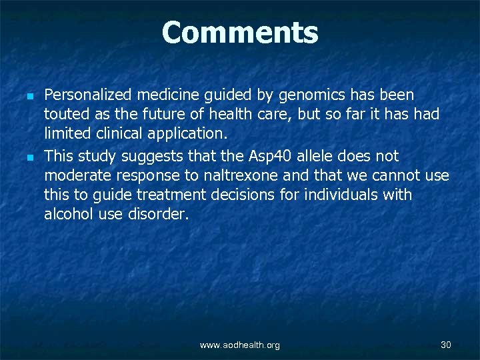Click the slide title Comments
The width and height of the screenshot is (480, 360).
pyautogui.click(x=240, y=32)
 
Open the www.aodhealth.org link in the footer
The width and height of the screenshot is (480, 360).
pyautogui.click(x=240, y=345)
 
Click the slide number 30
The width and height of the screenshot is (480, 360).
pyautogui.click(x=446, y=344)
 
